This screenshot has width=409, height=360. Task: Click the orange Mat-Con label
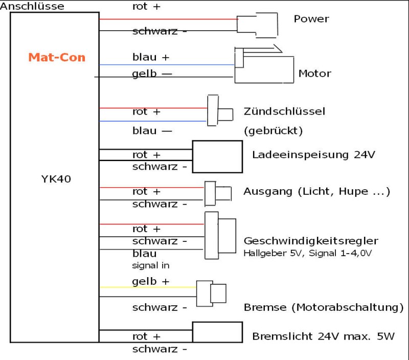point(57,57)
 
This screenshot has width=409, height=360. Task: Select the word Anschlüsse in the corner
point(33,6)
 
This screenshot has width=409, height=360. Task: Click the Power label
point(311,19)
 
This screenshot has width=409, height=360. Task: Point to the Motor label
point(314,74)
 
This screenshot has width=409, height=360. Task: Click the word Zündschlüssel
point(285,111)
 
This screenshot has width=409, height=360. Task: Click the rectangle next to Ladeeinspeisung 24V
point(217,156)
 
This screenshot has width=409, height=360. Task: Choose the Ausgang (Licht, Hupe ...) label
point(317,192)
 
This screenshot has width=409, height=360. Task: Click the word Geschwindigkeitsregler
point(311,241)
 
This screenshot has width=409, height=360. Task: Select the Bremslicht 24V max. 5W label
point(323,336)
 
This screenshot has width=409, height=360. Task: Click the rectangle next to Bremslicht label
point(217,332)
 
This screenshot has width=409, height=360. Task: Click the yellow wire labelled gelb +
point(148,287)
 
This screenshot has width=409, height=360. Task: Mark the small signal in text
point(150,265)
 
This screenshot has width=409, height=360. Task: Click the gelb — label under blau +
point(152,74)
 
